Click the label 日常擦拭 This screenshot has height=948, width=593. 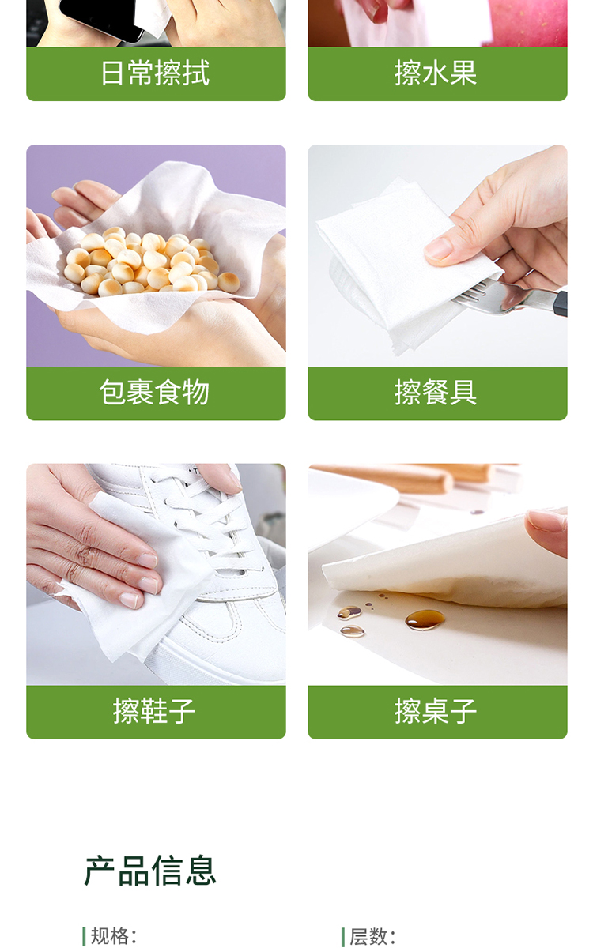pyautogui.click(x=155, y=73)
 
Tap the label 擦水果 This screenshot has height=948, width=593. pyautogui.click(x=436, y=73)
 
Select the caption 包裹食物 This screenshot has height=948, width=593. pyautogui.click(x=155, y=393)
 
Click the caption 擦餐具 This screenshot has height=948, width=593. pyautogui.click(x=436, y=393)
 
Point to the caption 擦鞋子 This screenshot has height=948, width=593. pyautogui.click(x=154, y=712)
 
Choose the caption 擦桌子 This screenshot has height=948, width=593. pyautogui.click(x=436, y=712)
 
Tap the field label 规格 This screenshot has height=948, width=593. pyautogui.click(x=109, y=935)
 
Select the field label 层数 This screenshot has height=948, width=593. pyautogui.click(x=368, y=935)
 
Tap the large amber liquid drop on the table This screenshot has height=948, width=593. pyautogui.click(x=425, y=619)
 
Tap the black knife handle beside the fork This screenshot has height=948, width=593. pyautogui.click(x=561, y=303)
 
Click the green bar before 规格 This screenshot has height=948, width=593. pyautogui.click(x=84, y=935)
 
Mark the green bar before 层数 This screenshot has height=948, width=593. pyautogui.click(x=342, y=935)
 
